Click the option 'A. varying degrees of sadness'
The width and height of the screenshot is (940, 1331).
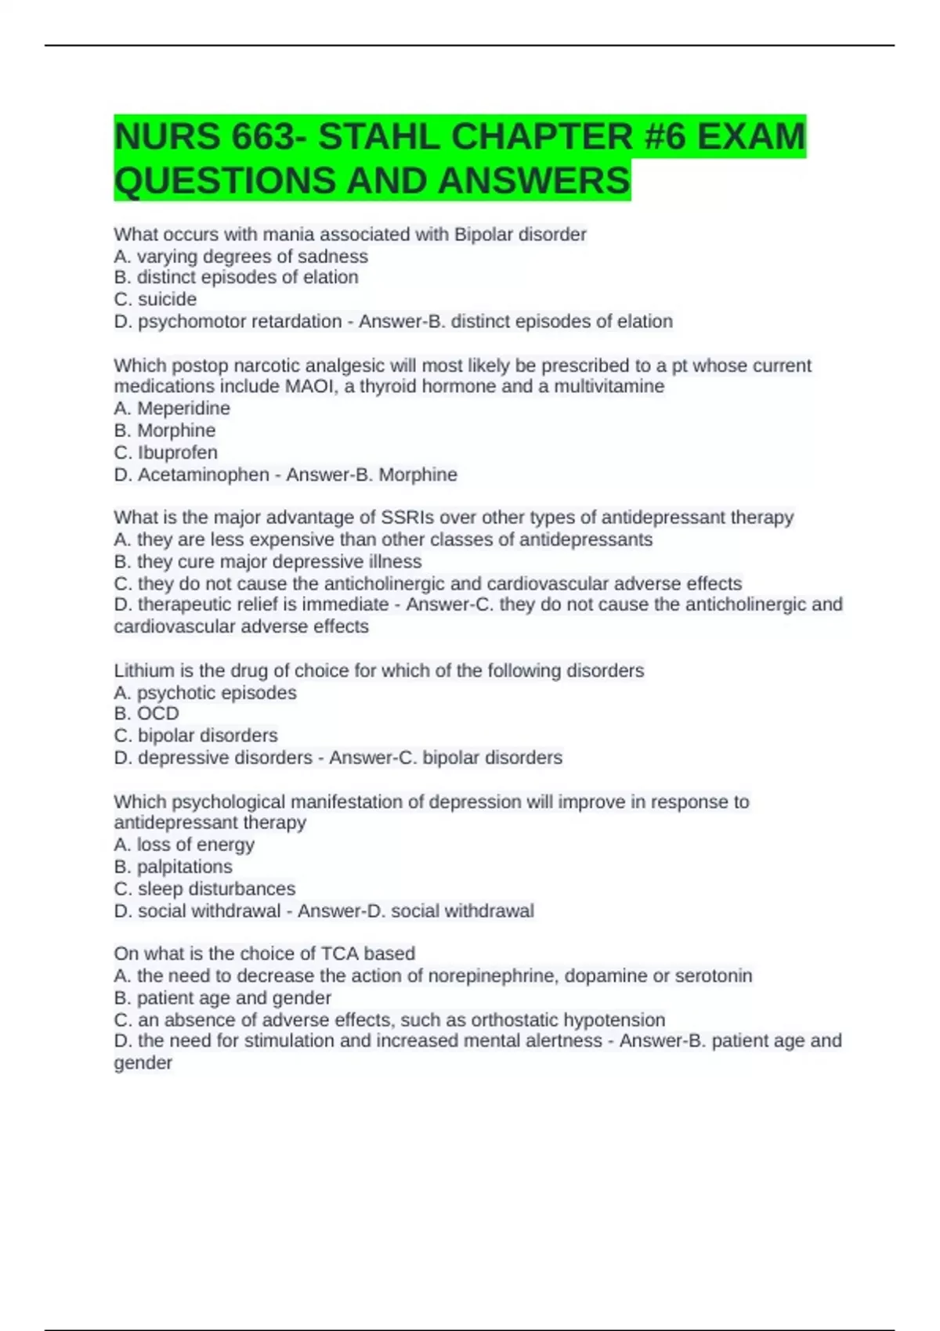pos(240,256)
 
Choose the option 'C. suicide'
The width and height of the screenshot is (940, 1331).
pos(155,299)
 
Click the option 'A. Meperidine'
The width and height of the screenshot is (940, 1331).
pos(172,408)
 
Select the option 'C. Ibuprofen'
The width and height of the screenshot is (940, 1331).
pos(165,452)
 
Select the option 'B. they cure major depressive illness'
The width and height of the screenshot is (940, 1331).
pos(267,561)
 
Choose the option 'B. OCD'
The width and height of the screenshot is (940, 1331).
pos(146,713)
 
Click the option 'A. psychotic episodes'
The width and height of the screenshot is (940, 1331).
pos(204,692)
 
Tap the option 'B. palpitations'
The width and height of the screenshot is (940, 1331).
pos(172,866)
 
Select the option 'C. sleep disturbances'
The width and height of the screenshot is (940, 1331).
pos(204,889)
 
